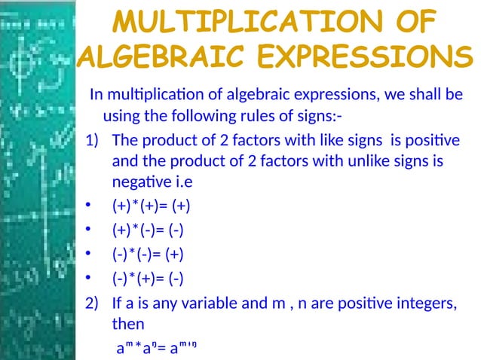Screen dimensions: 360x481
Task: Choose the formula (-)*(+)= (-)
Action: pyautogui.click(x=147, y=279)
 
